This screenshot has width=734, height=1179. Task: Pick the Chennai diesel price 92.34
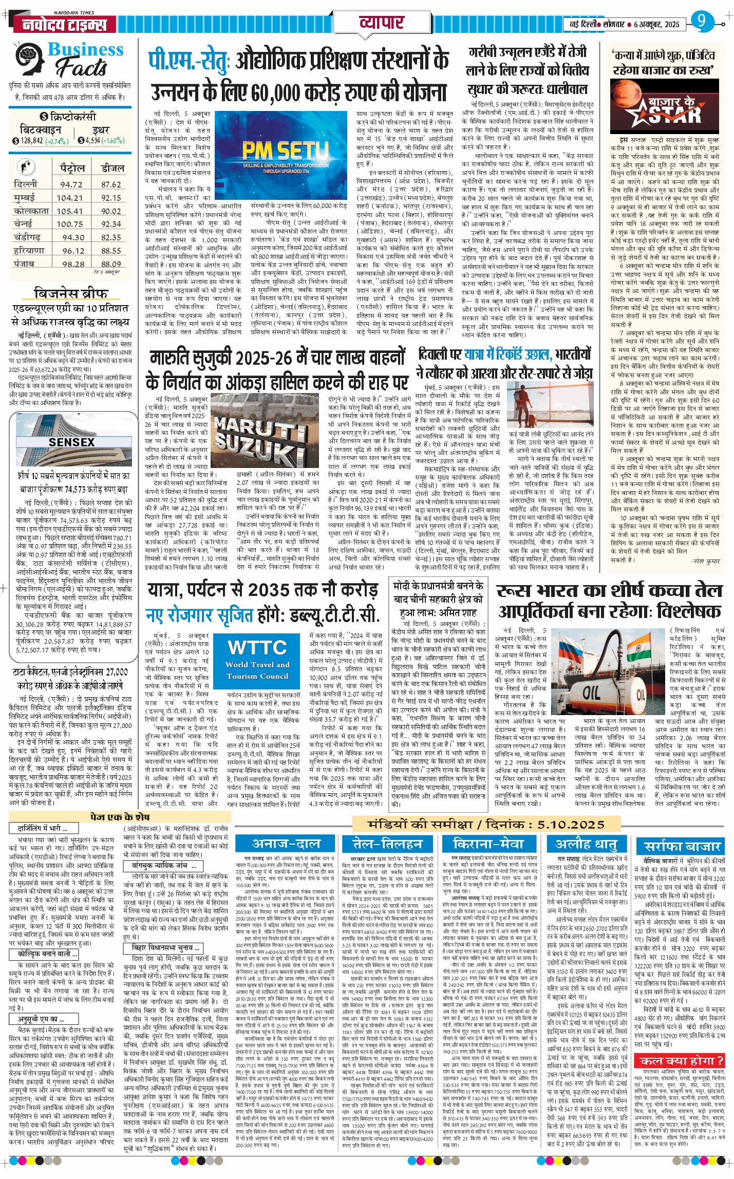pyautogui.click(x=111, y=224)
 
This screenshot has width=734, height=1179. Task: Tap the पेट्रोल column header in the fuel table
pyautogui.click(x=72, y=168)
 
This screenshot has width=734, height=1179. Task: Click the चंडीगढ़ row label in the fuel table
pyautogui.click(x=27, y=237)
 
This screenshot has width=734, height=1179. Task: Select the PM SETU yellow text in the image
pyautogui.click(x=285, y=151)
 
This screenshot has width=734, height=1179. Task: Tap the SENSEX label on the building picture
pyautogui.click(x=71, y=442)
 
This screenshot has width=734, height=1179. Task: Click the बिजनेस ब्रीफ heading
pyautogui.click(x=70, y=293)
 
